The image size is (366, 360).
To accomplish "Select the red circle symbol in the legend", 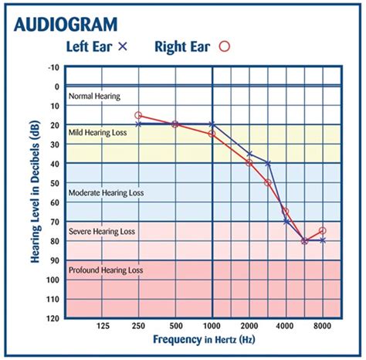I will tap(246, 46).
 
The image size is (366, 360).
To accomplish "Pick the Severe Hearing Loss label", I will tap(103, 231).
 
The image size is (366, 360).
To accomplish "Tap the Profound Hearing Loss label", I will tap(107, 270).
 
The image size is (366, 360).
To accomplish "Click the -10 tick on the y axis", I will tap(53, 67).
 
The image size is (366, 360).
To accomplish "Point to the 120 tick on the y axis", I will tap(52, 318).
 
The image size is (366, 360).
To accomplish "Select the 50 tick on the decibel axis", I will tap(54, 183).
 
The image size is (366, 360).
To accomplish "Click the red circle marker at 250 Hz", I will tap(139, 115).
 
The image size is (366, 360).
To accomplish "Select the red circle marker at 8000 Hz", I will tap(322, 231).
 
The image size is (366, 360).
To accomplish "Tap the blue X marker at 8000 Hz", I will tap(322, 240).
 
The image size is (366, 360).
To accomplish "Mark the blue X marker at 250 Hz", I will tap(139, 124).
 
